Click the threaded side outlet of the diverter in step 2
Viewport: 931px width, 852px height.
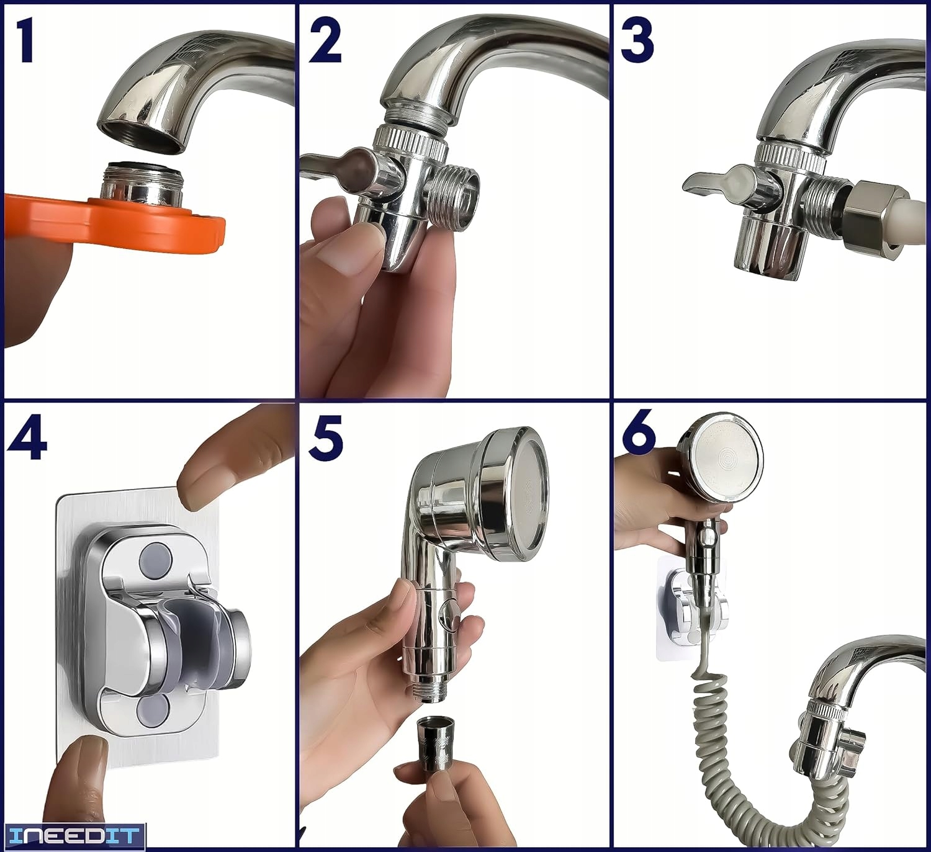[x=450, y=198]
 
